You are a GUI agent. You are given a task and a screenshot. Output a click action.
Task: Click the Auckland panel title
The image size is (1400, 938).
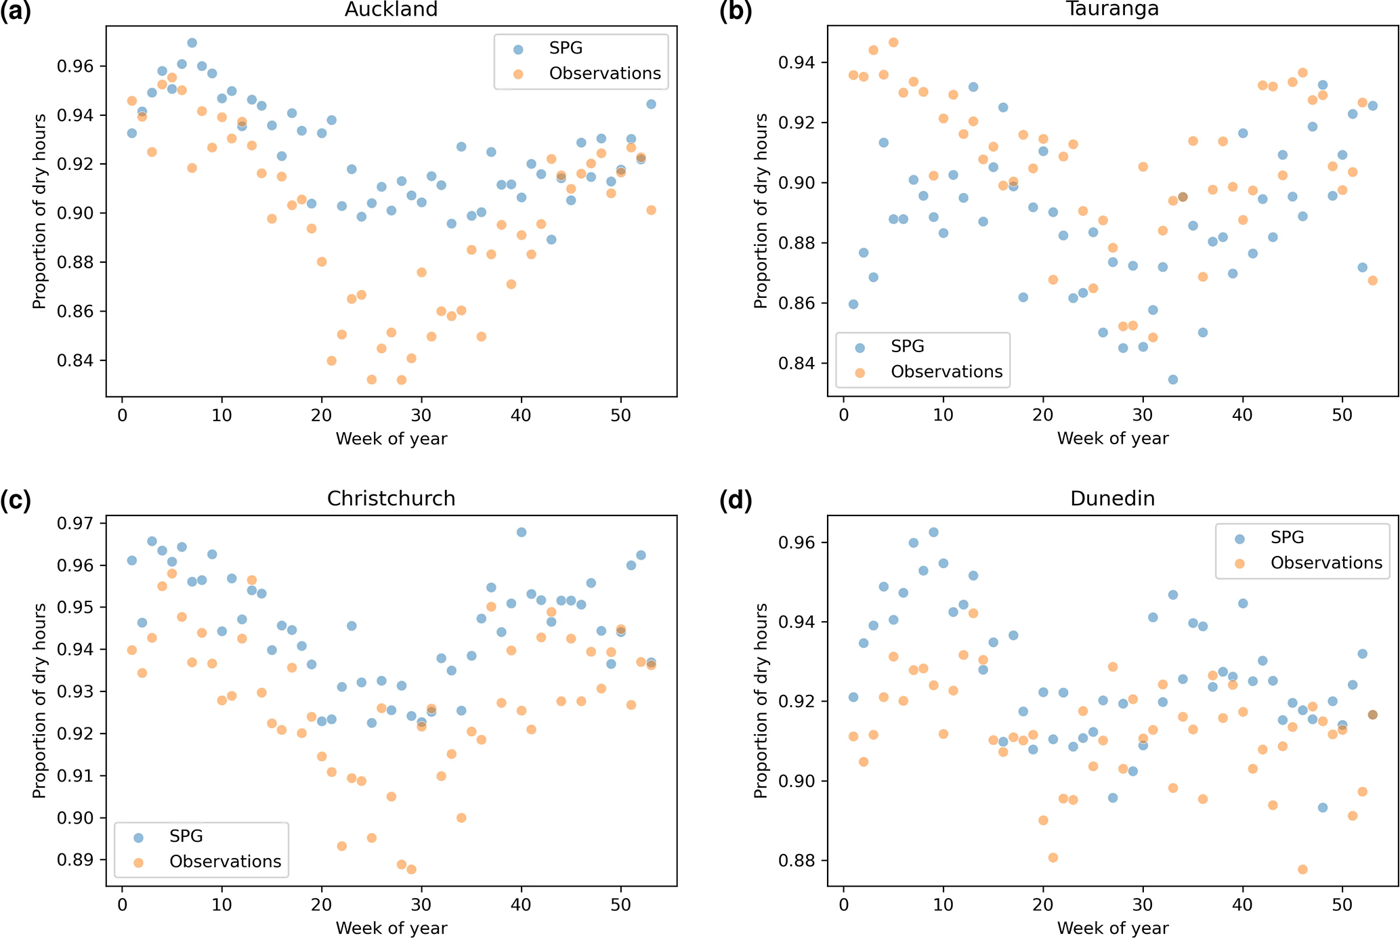tap(391, 9)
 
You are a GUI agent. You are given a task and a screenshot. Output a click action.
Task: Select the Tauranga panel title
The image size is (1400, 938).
tap(1112, 9)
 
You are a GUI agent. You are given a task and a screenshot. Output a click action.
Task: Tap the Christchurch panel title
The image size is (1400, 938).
tap(391, 498)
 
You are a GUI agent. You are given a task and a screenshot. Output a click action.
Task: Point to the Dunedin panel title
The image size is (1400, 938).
tap(1112, 498)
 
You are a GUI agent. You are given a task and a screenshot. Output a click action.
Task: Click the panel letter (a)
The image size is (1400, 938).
tap(16, 12)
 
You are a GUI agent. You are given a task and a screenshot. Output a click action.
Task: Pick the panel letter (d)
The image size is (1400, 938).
tap(736, 500)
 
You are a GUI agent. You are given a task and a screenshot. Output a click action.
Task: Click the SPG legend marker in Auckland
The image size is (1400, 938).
tap(518, 49)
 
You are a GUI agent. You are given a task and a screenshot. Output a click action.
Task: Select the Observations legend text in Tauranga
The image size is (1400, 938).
tap(946, 372)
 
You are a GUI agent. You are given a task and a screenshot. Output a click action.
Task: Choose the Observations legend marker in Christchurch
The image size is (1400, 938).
tap(139, 862)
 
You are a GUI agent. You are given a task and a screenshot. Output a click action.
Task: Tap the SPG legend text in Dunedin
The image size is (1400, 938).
tap(1287, 538)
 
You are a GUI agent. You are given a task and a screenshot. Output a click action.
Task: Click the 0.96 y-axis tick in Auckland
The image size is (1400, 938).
tap(75, 66)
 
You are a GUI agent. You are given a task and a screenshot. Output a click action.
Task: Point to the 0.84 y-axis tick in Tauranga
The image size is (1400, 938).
tap(797, 364)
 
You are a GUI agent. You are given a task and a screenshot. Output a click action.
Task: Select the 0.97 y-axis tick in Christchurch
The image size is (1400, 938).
tap(75, 524)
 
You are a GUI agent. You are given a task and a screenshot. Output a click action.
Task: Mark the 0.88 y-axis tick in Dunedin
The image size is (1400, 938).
tap(797, 861)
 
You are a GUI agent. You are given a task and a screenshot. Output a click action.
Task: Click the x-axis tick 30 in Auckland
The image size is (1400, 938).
tap(421, 415)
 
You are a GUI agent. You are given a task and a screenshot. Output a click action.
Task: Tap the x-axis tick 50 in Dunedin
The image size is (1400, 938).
tap(1342, 905)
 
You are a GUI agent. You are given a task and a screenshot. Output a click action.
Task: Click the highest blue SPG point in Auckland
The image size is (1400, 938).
tap(192, 43)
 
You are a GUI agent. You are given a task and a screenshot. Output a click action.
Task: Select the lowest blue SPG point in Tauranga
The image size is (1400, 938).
tap(1172, 379)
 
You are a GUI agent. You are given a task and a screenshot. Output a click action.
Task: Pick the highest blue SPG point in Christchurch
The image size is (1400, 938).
tap(521, 532)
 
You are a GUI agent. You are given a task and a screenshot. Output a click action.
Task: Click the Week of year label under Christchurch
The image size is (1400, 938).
tap(391, 928)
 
